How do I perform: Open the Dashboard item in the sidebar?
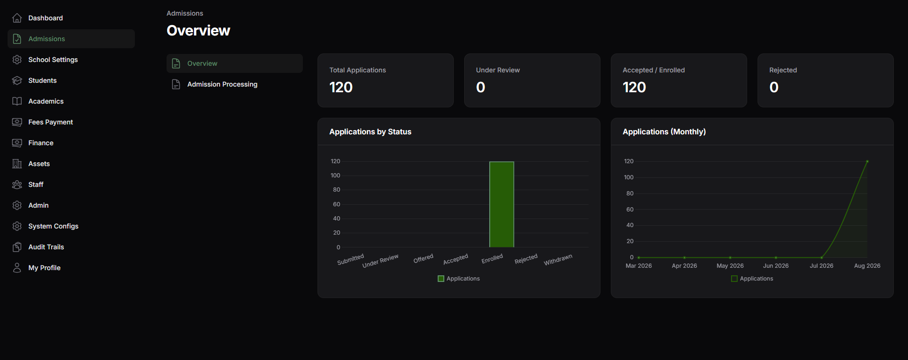[x=45, y=18]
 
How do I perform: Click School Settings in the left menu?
[x=53, y=60]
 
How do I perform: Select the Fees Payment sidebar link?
[x=51, y=122]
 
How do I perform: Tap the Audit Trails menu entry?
[x=46, y=247]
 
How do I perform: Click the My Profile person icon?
[x=17, y=268]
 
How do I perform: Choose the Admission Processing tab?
[x=222, y=84]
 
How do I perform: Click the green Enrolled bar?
[x=502, y=204]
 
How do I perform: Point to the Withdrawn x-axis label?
[x=558, y=260]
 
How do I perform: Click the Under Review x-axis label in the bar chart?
[x=380, y=261]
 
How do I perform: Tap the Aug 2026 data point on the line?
[x=867, y=161]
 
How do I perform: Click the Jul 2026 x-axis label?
[x=821, y=266]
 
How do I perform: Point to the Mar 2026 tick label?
[x=639, y=266]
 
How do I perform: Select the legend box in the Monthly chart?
[x=734, y=279]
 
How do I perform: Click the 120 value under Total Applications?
[x=341, y=87]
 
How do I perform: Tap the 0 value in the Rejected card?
[x=774, y=87]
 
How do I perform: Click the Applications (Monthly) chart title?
[x=664, y=132]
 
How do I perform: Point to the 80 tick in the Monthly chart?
[x=630, y=193]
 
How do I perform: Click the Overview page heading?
[x=199, y=31]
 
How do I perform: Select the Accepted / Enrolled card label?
[x=654, y=70]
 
